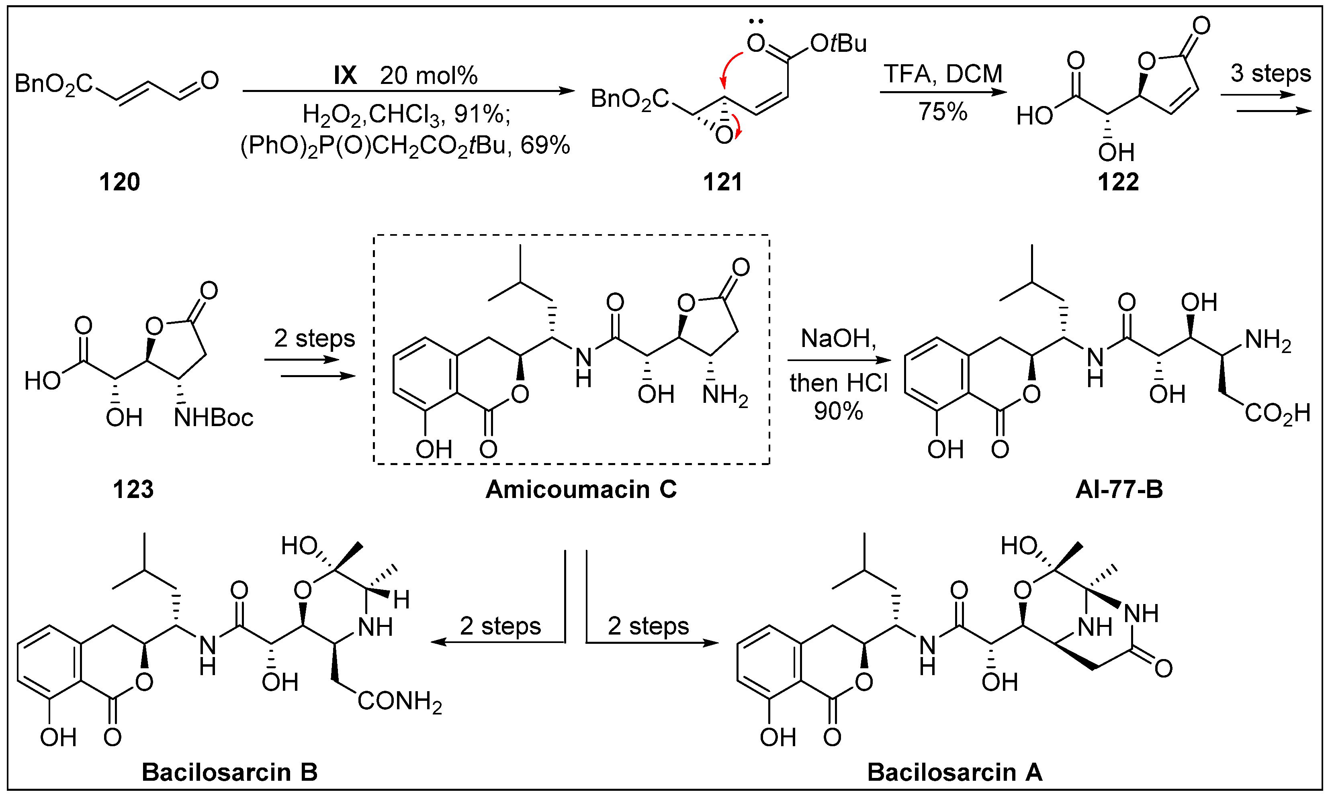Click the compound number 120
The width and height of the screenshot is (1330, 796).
point(119,182)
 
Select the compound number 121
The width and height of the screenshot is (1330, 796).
point(723,182)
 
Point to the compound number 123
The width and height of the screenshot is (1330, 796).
point(133,490)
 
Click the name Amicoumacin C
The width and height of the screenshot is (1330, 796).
point(581,490)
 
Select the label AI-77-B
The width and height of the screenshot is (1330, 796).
point(1119,490)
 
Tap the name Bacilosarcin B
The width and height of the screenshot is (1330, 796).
point(229,772)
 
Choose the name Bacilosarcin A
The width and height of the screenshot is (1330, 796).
point(954,772)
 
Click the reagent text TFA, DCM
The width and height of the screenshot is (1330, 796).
point(943,73)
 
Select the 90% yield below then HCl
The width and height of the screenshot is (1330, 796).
point(838,411)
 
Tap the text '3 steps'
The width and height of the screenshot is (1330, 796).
point(1271,73)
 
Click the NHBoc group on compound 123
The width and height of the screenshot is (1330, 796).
point(213,418)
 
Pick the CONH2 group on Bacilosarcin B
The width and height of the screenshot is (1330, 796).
point(400,702)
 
